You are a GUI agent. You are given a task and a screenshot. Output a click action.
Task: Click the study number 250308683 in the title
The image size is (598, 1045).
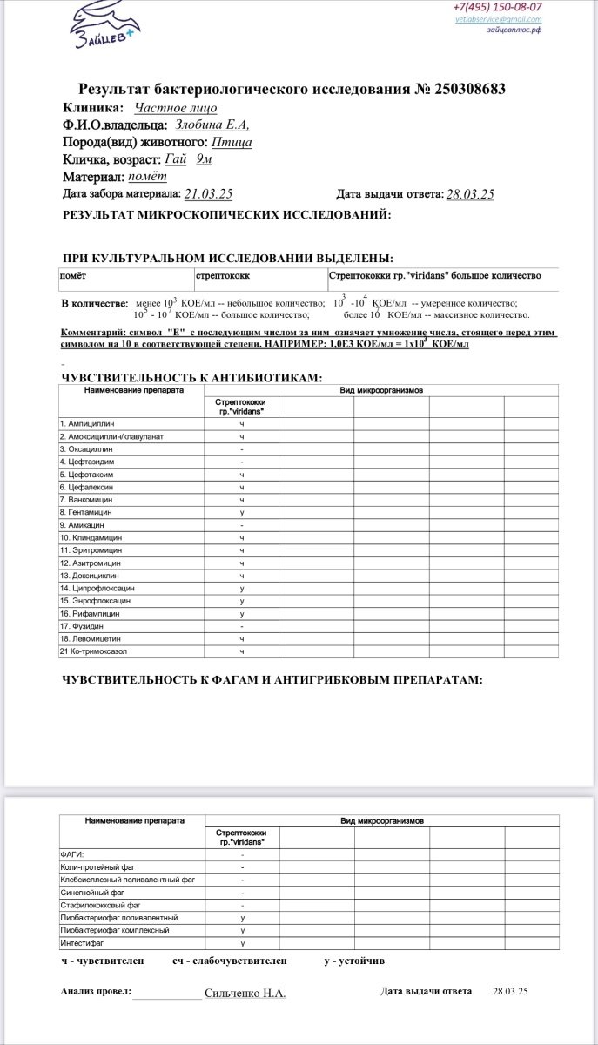pos(462,89)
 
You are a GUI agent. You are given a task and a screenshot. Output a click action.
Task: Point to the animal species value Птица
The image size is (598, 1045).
pos(232,143)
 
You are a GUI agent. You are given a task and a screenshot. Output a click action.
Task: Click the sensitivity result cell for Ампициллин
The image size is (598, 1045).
pos(241,423)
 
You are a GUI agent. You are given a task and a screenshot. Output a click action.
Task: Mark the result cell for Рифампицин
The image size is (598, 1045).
pos(241,614)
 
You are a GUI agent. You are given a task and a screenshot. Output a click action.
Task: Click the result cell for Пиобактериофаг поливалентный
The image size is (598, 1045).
pos(241,918)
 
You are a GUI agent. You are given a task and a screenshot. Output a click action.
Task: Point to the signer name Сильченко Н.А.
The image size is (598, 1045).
pos(245,993)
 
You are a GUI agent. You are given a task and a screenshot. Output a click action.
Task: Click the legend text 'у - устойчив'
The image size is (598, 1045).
pos(354,961)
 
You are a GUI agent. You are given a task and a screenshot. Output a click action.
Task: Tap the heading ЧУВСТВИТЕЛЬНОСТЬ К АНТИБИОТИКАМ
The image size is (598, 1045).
pos(191,377)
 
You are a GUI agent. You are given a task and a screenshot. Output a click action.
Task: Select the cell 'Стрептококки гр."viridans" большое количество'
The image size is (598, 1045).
pos(435,275)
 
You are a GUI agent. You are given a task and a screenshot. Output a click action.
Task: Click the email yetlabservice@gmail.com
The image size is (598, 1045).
pos(498,18)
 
